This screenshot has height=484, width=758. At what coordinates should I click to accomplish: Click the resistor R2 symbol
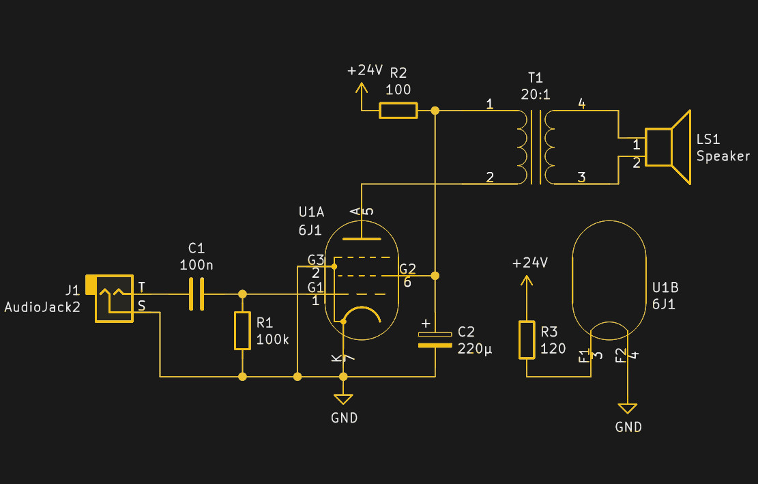click(x=398, y=110)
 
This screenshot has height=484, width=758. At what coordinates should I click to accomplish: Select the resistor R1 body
click(x=242, y=331)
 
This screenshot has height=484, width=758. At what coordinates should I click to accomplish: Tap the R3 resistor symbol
click(x=526, y=340)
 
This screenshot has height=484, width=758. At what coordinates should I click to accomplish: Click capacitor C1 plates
click(x=196, y=294)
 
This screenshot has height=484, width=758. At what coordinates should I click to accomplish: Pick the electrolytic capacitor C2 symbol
click(x=435, y=339)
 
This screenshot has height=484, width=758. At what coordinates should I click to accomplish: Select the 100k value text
click(x=273, y=339)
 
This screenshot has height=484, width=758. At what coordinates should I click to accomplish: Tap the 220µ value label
click(x=475, y=348)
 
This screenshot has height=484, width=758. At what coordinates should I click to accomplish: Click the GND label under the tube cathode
click(x=344, y=418)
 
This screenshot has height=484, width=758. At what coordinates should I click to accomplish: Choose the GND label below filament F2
click(x=628, y=428)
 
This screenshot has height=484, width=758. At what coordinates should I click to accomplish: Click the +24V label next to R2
click(x=365, y=70)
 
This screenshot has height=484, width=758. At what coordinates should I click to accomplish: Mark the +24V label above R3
click(x=530, y=263)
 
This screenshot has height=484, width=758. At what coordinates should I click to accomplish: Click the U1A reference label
click(x=311, y=212)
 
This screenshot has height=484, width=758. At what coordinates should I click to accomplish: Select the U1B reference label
click(x=665, y=287)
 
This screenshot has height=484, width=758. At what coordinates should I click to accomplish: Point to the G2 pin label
click(x=407, y=268)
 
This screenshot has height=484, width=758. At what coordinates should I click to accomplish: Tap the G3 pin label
click(x=315, y=259)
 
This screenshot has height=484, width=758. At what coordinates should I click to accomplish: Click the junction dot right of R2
click(x=435, y=110)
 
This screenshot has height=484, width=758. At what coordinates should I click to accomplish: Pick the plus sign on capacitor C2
click(x=426, y=323)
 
